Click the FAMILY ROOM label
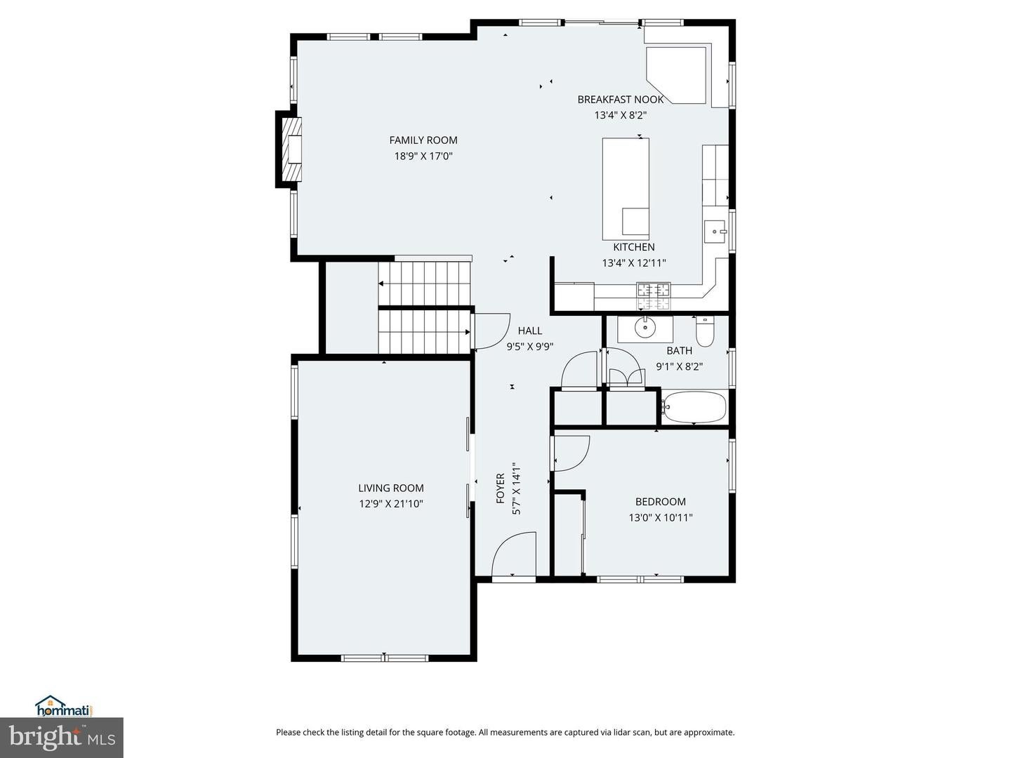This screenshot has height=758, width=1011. click(x=423, y=140)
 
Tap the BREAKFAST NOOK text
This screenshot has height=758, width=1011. click(x=621, y=100)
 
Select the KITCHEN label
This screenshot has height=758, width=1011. click(x=634, y=247)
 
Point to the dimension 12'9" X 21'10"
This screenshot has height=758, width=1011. click(x=391, y=504)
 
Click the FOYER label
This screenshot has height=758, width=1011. click(x=501, y=488)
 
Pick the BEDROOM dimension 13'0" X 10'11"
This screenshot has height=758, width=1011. click(x=661, y=518)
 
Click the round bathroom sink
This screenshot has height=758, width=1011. click(x=645, y=327)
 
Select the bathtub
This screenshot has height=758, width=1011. click(x=694, y=407)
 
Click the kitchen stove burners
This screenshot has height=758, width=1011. click(x=654, y=296)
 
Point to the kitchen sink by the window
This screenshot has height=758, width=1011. click(x=715, y=231)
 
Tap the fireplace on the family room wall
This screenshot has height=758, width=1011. click(x=289, y=149)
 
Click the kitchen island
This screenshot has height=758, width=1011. click(x=626, y=189)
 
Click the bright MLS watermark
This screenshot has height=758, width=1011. click(x=62, y=738)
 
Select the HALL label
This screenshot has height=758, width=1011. click(x=530, y=331)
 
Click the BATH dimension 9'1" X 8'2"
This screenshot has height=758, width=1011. click(x=680, y=367)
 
